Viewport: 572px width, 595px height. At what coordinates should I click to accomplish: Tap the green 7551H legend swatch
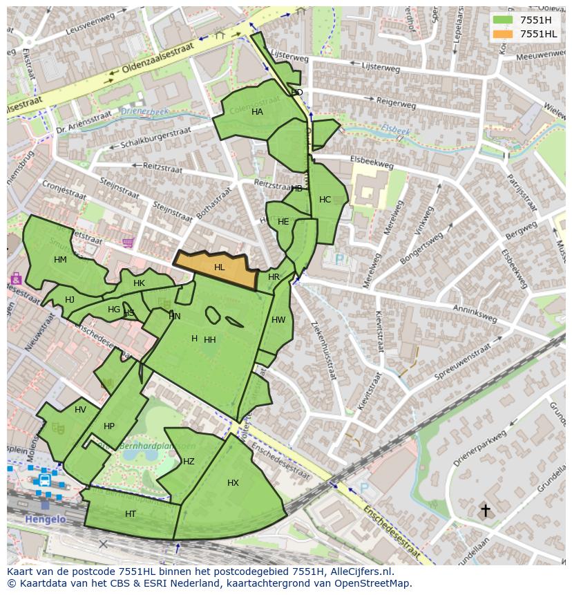[504, 20]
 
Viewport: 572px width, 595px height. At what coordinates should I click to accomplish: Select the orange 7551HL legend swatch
[504, 34]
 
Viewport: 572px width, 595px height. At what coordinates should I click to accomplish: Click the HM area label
[60, 260]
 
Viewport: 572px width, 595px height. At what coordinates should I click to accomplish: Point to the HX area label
[233, 483]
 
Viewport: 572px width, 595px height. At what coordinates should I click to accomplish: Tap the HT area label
[131, 514]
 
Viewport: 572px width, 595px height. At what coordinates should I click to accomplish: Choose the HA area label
[257, 112]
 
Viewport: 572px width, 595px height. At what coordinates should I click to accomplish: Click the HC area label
[325, 200]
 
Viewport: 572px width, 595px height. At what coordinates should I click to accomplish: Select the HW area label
[278, 320]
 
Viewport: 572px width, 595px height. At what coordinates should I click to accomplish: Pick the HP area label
[109, 426]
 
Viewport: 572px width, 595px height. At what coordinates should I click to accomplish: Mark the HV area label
[80, 410]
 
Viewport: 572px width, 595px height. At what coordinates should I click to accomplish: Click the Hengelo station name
[45, 520]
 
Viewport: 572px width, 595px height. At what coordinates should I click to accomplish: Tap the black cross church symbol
[486, 511]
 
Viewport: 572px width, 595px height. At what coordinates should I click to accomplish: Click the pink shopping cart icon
[128, 243]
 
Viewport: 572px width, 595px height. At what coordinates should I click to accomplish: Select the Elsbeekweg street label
[372, 162]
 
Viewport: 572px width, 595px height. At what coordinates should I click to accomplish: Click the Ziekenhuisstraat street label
[323, 350]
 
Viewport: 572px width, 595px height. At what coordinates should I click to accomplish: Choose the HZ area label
[189, 462]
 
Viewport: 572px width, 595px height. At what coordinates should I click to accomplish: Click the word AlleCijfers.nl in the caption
[359, 572]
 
